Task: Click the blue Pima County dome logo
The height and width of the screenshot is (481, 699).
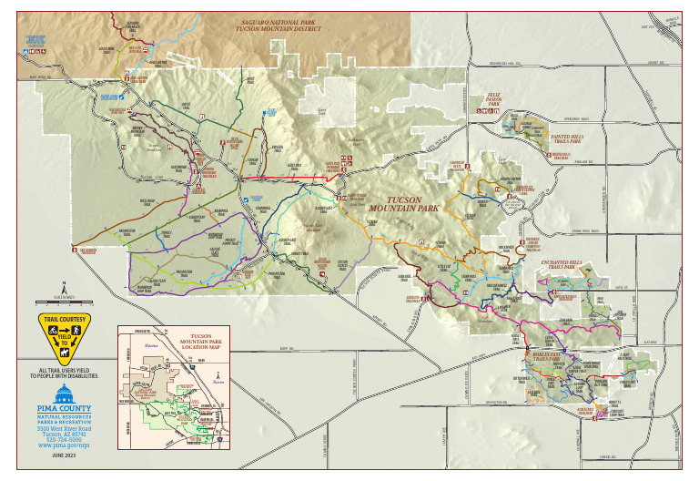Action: pos(64,394)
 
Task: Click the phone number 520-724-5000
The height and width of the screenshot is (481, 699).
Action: pos(64,439)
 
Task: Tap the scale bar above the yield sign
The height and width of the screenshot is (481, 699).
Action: pos(64,299)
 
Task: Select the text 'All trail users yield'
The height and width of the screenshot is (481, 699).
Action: pos(64,368)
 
